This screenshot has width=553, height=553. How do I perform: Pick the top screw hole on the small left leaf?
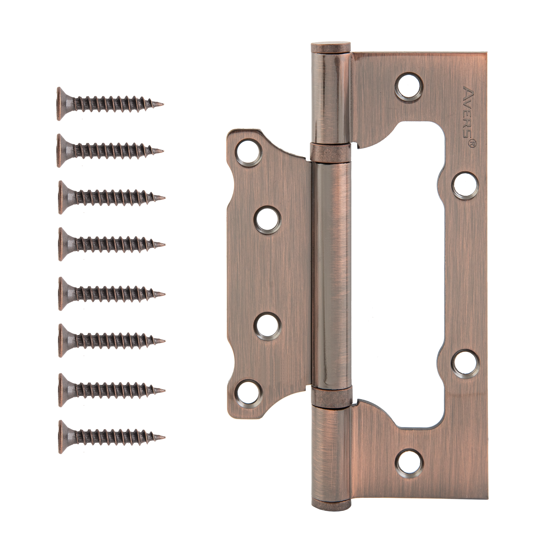point(248,153)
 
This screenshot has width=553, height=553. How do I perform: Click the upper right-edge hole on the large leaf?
point(465,185)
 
